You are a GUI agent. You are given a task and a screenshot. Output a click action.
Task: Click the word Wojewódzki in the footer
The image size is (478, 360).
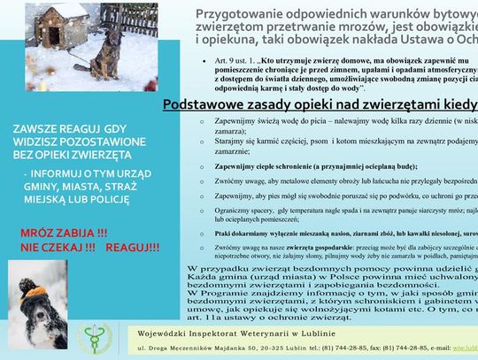(x=180, y=331)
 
